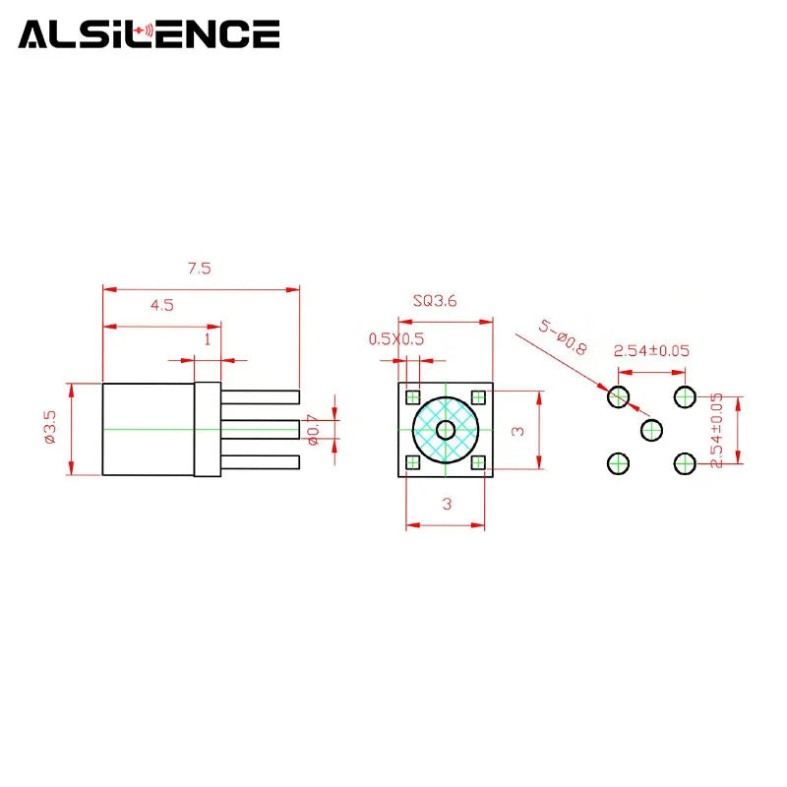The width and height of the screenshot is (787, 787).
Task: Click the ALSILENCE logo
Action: [149, 34]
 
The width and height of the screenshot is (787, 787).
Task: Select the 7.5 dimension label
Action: [200, 269]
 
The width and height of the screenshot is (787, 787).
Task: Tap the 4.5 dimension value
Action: [162, 305]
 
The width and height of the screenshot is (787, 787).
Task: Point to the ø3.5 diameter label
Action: [50, 427]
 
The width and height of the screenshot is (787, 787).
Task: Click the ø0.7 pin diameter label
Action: [313, 430]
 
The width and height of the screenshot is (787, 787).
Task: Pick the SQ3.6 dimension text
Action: [435, 301]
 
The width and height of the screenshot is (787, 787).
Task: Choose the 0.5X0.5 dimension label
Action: [396, 338]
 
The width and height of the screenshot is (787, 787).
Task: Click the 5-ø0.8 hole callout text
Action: [563, 337]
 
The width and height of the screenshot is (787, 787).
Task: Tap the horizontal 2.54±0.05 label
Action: [651, 350]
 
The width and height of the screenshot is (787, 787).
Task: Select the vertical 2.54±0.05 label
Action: [717, 430]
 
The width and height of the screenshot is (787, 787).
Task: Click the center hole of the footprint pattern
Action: [651, 430]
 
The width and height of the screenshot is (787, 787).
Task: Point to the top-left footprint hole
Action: [619, 397]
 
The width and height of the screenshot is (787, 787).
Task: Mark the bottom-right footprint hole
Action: [685, 463]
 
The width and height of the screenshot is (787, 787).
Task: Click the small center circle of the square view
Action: [446, 430]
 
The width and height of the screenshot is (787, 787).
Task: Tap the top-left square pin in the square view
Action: [412, 397]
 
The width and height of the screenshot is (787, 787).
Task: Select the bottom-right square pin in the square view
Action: [478, 462]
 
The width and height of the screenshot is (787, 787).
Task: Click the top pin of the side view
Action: [260, 397]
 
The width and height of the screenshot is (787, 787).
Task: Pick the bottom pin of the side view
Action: [260, 462]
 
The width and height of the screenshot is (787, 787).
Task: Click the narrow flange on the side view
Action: [208, 429]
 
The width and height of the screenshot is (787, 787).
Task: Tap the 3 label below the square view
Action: [447, 504]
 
